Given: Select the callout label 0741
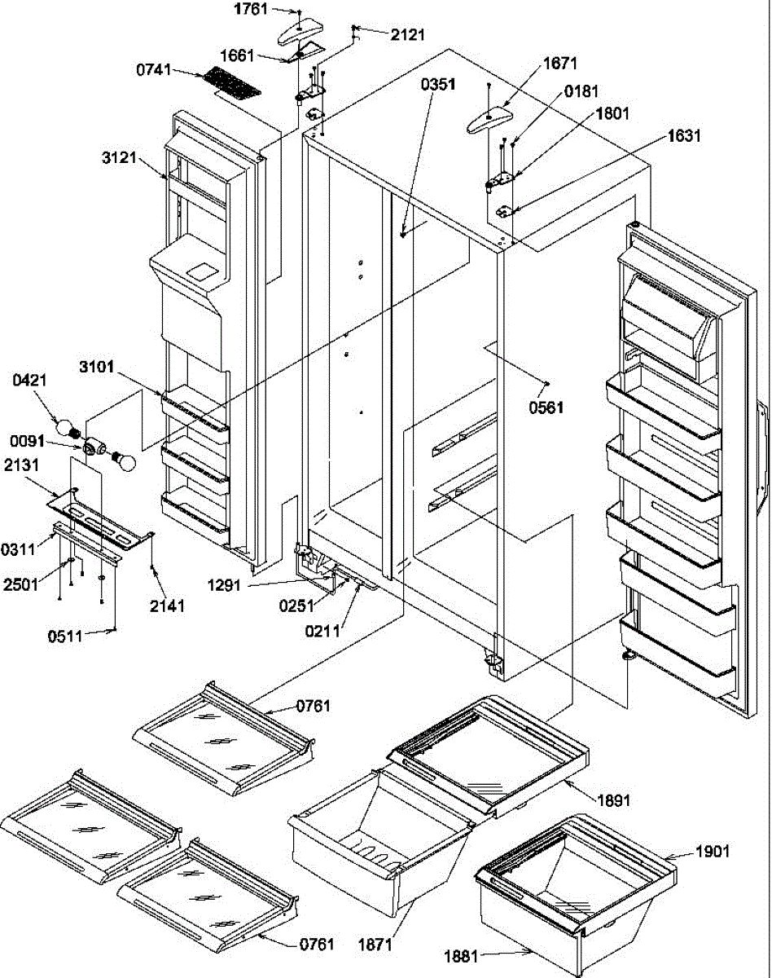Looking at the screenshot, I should [x=154, y=72].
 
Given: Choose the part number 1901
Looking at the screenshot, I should [x=713, y=852].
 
